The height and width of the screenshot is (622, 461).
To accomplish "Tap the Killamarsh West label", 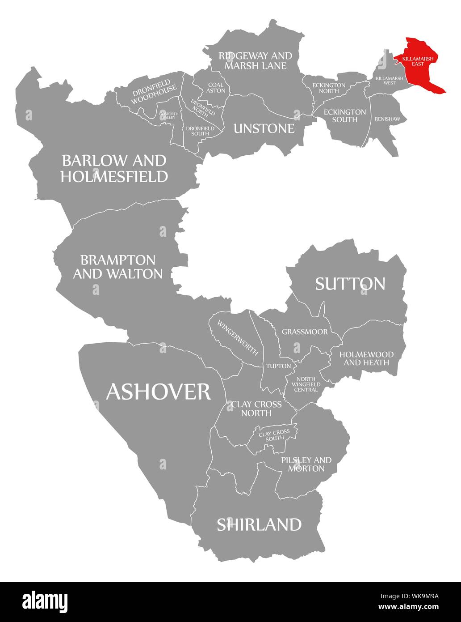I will pyautogui.click(x=389, y=80).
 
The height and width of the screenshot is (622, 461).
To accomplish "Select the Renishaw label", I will pyautogui.click(x=384, y=119).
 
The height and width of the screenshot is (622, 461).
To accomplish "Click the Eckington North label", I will pyautogui.click(x=329, y=88).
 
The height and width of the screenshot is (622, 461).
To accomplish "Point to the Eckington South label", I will pyautogui.click(x=344, y=115).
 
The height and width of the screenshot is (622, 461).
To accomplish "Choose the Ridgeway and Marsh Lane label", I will pyautogui.click(x=255, y=60).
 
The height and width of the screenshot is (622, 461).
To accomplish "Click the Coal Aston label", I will pyautogui.click(x=216, y=87).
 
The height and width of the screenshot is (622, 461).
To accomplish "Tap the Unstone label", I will pyautogui.click(x=264, y=128).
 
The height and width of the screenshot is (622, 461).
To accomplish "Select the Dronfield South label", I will pyautogui.click(x=197, y=131).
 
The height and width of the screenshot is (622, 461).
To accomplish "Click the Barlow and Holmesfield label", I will pyautogui.click(x=114, y=168).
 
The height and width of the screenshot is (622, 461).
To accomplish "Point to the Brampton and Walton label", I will pyautogui.click(x=117, y=267).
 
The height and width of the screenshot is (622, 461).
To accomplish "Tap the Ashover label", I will pyautogui.click(x=158, y=392).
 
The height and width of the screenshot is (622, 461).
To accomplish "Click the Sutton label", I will pyautogui.click(x=350, y=283).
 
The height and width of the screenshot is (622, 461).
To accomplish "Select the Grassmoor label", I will pyautogui.click(x=304, y=332).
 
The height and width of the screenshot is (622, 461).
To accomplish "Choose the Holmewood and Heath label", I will pyautogui.click(x=366, y=358).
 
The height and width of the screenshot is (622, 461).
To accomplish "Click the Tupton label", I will pyautogui.click(x=278, y=366).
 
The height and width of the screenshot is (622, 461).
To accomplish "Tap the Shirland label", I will pyautogui.click(x=259, y=524).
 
